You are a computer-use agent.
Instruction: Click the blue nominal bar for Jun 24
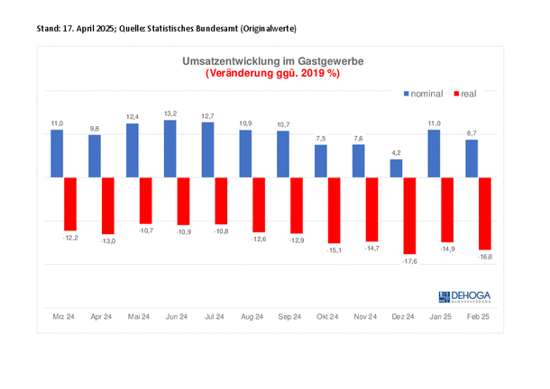click(x=170, y=149)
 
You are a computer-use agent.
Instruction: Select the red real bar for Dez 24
click(x=409, y=215)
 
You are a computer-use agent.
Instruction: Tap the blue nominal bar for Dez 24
click(x=396, y=168)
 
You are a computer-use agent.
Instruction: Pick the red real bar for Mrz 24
click(x=70, y=204)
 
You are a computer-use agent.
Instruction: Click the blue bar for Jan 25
click(x=433, y=153)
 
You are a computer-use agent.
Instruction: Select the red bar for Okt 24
click(x=334, y=211)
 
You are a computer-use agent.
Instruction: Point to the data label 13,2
click(x=170, y=113)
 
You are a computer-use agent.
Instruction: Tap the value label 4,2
click(x=396, y=152)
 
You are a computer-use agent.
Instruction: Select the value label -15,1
click(x=334, y=251)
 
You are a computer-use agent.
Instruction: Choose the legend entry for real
click(x=464, y=93)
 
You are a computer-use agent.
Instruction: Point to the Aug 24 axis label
click(x=252, y=317)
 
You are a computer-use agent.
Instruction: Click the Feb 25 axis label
click(x=478, y=317)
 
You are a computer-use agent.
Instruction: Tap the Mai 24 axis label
click(x=139, y=317)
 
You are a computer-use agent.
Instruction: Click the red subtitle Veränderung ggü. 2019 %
click(x=271, y=73)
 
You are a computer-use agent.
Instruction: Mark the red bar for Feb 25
click(x=484, y=213)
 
